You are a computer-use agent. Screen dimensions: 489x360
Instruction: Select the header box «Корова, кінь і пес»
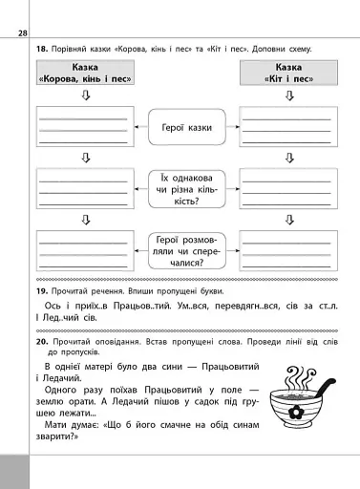[83, 74]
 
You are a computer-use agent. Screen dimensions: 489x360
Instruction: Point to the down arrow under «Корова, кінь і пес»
[84, 96]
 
